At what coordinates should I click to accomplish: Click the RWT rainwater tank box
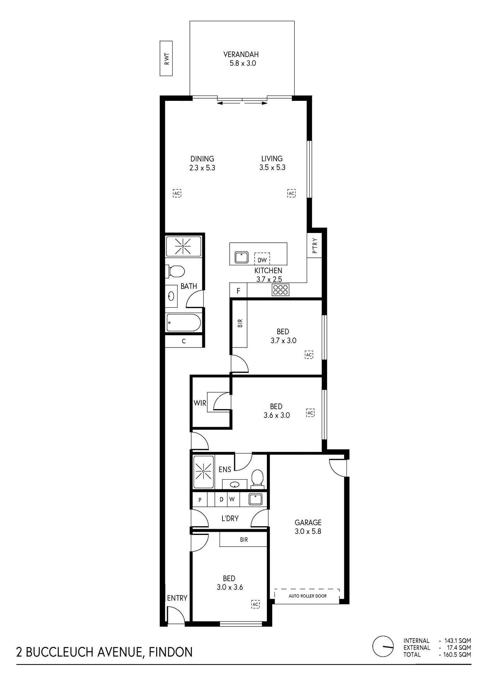pyautogui.click(x=166, y=59)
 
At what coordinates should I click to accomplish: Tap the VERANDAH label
pyautogui.click(x=241, y=55)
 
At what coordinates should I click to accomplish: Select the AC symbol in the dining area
pyautogui.click(x=177, y=193)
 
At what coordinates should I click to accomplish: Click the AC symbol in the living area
pyautogui.click(x=291, y=193)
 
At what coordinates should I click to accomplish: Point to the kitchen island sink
pyautogui.click(x=242, y=257)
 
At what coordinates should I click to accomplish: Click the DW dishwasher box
pyautogui.click(x=262, y=258)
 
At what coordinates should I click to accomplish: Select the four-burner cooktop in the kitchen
pyautogui.click(x=281, y=290)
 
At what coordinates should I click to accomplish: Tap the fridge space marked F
pyautogui.click(x=239, y=290)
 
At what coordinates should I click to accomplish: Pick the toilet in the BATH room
pyautogui.click(x=175, y=271)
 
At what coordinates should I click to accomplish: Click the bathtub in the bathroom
pyautogui.click(x=183, y=323)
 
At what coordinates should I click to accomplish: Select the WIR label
pyautogui.click(x=200, y=403)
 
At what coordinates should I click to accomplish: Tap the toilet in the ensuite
pyautogui.click(x=257, y=479)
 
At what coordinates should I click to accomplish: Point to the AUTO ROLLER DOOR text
pyautogui.click(x=307, y=596)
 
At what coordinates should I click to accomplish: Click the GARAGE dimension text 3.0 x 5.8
pyautogui.click(x=308, y=531)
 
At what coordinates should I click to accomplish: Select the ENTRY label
pyautogui.click(x=177, y=598)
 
